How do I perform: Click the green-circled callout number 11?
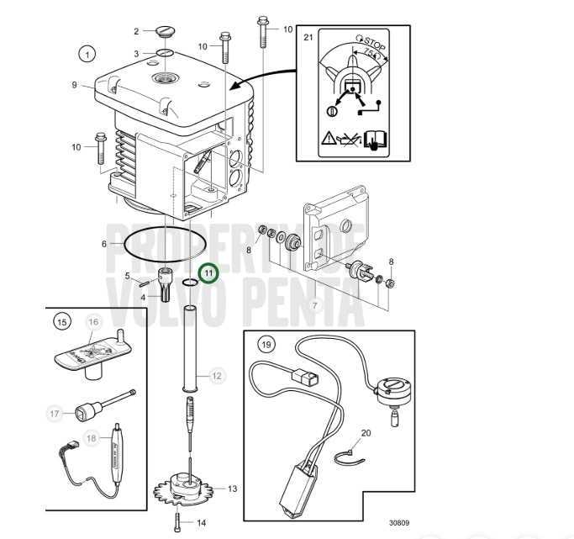pos(208,273)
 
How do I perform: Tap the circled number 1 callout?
pos(87,55)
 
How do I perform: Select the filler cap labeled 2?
pos(166,30)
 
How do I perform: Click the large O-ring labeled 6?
pos(166,244)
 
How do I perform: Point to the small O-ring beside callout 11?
pos(190,282)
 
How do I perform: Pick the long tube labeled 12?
pos(190,348)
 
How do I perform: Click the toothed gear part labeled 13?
pos(184,489)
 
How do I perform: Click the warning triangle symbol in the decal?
pos(329,139)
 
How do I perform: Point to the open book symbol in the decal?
pos(375,140)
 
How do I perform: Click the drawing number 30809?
pos(399,523)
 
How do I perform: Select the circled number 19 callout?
pos(266,345)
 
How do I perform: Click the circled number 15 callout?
pos(62,322)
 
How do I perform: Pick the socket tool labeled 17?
pos(103,406)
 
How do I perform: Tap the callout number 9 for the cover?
pos(74,85)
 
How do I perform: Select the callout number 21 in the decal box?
pos(308,37)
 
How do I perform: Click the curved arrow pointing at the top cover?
pos(261,77)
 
